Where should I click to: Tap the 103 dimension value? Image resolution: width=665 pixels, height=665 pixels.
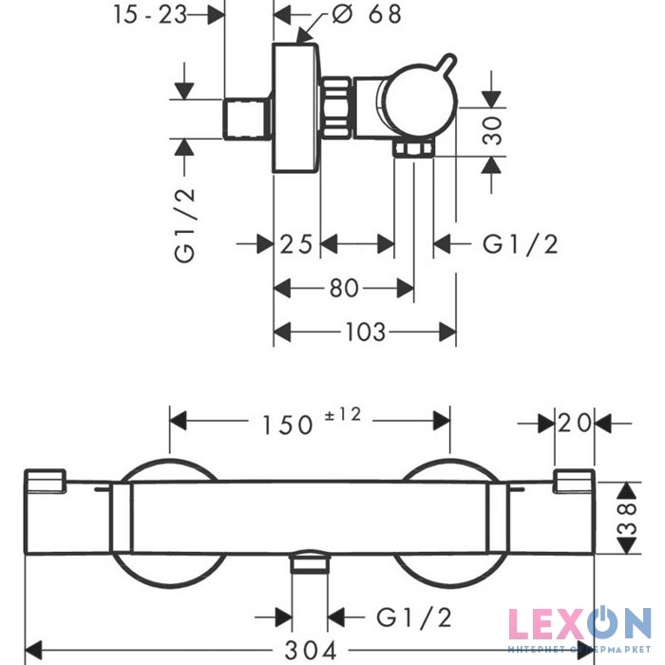point(365,332)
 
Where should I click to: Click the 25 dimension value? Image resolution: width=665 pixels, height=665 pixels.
point(296,244)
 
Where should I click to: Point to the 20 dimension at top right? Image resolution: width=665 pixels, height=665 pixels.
point(576,421)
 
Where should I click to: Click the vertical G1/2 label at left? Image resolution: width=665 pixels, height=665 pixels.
point(185,224)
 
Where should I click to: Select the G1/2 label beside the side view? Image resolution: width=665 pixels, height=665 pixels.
point(520,244)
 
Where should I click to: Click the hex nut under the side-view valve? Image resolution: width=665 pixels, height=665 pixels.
point(414,149)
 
